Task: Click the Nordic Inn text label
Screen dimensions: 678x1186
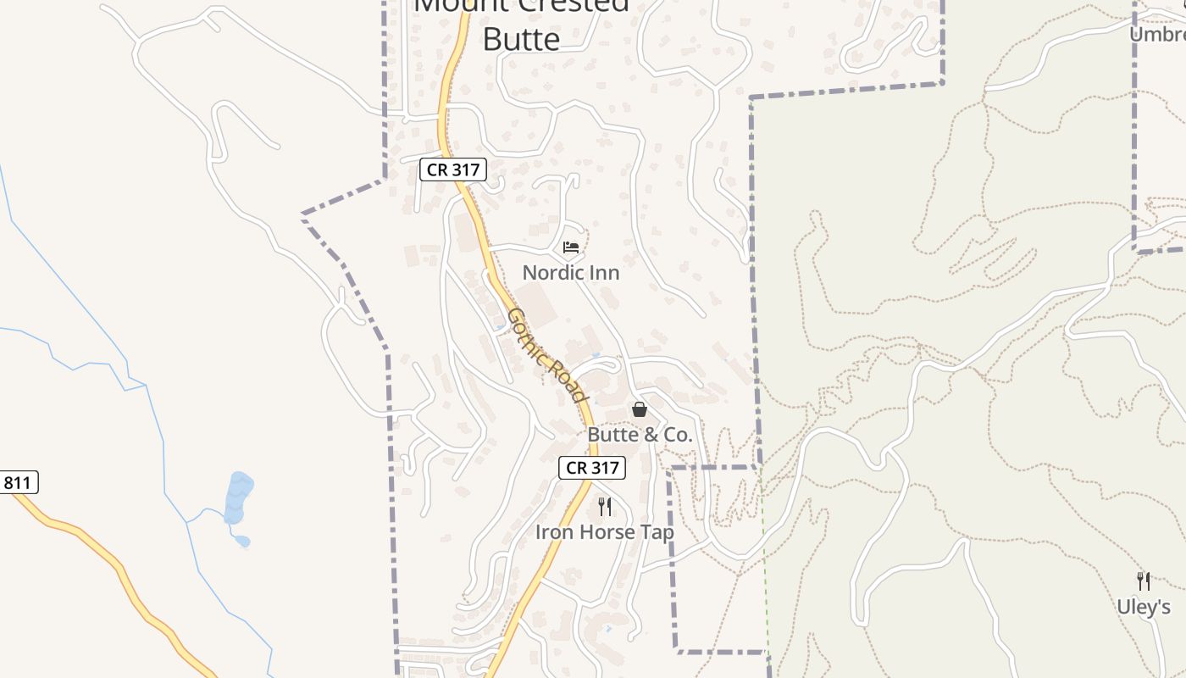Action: click(570, 273)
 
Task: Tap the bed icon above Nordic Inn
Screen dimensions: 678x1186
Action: click(571, 247)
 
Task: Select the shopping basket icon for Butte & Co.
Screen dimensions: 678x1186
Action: click(640, 410)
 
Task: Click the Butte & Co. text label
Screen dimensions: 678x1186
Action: click(640, 436)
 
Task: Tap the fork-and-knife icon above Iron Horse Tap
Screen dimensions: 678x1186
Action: click(604, 507)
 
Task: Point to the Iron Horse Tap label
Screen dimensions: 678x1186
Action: click(604, 532)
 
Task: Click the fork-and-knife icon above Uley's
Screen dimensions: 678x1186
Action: click(1143, 581)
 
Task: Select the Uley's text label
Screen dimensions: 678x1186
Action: click(1143, 607)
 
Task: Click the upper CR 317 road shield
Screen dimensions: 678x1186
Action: click(453, 169)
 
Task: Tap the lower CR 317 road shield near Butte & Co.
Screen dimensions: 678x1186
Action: click(591, 467)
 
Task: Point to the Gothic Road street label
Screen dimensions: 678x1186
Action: click(546, 356)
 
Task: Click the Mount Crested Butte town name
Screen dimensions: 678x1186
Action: click(521, 21)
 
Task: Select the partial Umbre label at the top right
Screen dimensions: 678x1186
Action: click(1158, 34)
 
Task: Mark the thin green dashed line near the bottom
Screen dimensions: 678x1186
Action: click(765, 576)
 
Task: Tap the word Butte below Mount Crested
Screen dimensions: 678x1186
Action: click(521, 39)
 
